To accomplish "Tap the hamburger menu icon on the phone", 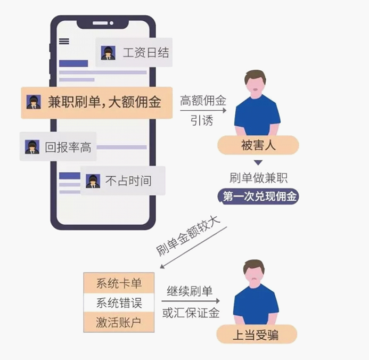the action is (64, 41).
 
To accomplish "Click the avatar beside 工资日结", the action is (108, 53).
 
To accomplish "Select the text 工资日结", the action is (146, 53).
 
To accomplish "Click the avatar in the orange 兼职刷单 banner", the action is (34, 102).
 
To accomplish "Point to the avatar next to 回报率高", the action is (32, 147).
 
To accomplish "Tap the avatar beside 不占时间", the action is (93, 181).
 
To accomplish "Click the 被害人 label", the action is (258, 145).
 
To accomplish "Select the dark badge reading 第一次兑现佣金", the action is (258, 196).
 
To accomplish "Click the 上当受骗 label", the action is (257, 334).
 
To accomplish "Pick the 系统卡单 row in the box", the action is (119, 283).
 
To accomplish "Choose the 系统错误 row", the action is (119, 302).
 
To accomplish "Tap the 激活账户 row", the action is (119, 322).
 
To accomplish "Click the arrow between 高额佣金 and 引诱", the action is (203, 110).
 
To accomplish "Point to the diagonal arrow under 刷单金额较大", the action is (193, 248).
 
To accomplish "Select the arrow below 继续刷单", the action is (191, 301).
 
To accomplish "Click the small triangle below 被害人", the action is (258, 162).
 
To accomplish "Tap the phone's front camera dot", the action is (111, 23).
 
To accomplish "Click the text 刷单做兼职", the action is (258, 178).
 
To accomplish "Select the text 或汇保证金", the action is (191, 313).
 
